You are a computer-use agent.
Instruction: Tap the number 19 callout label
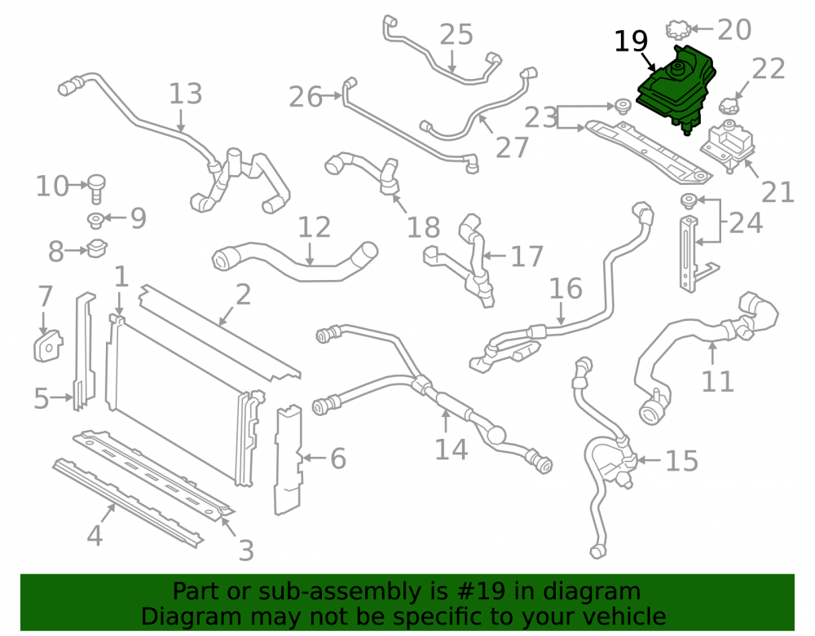[631, 41]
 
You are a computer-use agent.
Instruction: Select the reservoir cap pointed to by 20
[678, 29]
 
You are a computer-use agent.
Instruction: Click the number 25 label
[456, 35]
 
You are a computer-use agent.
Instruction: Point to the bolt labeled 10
[97, 189]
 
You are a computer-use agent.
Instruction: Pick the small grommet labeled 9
[95, 220]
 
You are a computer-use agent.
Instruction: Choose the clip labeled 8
[97, 248]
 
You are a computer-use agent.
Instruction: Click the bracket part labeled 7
[48, 345]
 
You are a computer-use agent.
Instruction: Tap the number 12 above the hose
[314, 227]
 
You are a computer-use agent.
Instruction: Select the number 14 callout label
[451, 449]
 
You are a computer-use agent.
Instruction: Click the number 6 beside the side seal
[338, 458]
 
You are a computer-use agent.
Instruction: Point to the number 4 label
[94, 535]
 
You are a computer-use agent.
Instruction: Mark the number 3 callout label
[246, 550]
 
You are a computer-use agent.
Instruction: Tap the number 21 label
[778, 192]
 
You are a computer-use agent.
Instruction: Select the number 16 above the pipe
[566, 288]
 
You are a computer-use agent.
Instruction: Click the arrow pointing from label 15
[649, 460]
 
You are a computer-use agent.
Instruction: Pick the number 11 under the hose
[717, 382]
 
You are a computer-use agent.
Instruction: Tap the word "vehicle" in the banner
[627, 616]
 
